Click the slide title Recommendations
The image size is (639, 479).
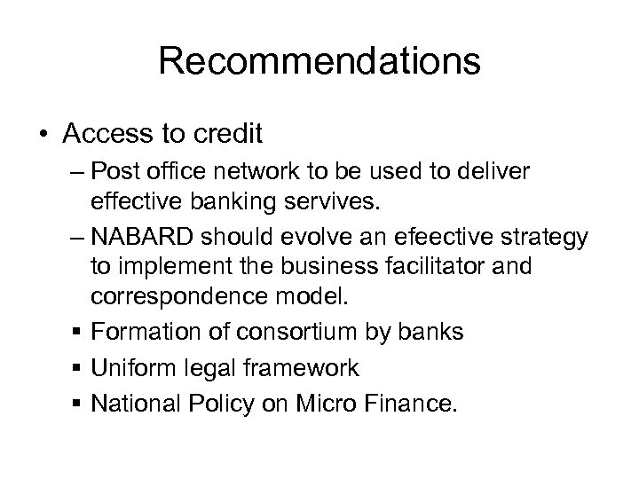pos(319,63)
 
